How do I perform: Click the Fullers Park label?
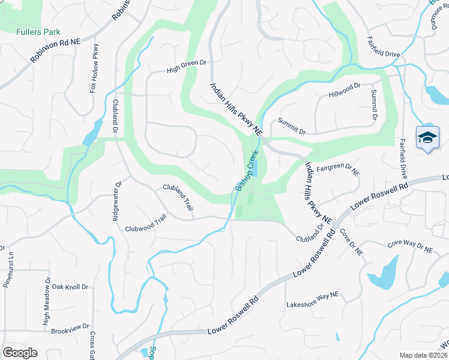(x=38, y=32)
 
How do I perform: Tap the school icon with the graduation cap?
(x=427, y=138)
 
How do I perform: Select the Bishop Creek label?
(x=246, y=172)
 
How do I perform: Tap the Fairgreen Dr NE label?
(x=338, y=170)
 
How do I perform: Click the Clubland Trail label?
(x=179, y=197)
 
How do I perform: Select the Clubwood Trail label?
(x=145, y=224)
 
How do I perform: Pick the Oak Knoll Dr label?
(x=70, y=287)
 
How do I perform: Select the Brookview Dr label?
(x=70, y=331)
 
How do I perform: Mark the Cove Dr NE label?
(x=351, y=243)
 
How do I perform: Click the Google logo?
(x=20, y=353)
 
